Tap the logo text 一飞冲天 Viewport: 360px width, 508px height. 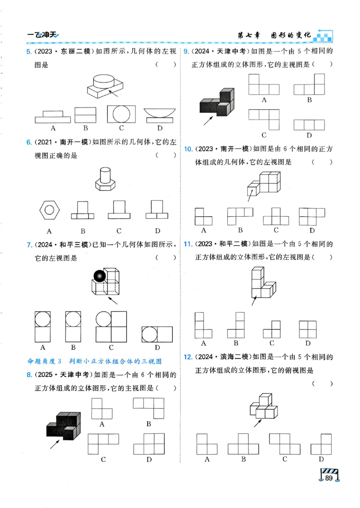coord(43,35)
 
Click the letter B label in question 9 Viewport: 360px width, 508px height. coord(309,100)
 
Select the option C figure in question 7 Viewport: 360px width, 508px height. coord(111,327)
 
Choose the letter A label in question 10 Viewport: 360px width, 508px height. coord(203,230)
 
